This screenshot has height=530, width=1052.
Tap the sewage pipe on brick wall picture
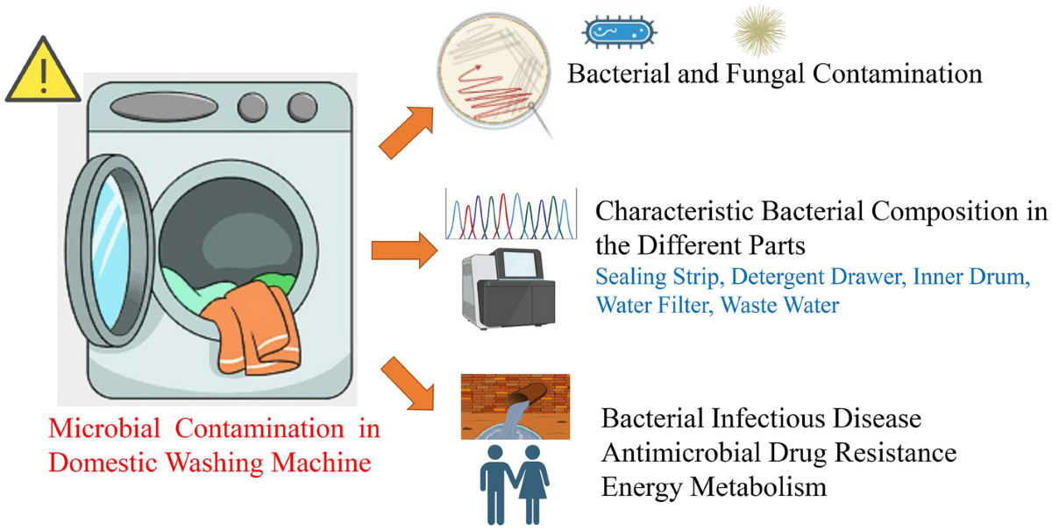pos(515,406)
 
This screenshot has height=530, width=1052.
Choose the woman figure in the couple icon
pos(531,486)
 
